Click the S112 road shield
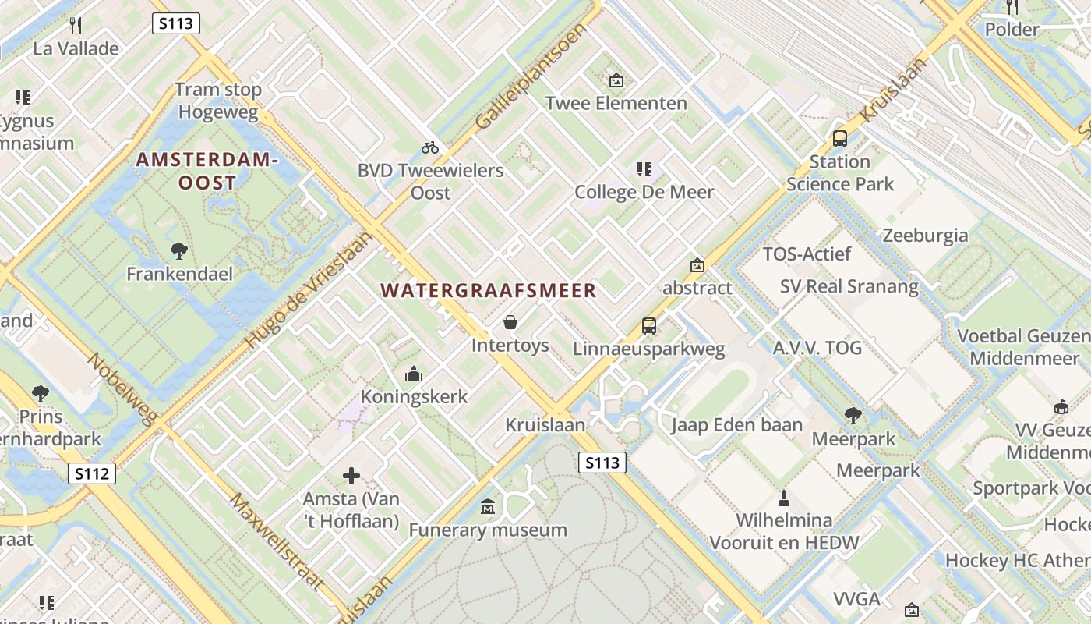coord(91,473)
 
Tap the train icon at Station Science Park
coord(839,139)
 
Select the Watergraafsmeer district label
coord(488,291)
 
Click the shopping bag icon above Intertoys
coord(510,322)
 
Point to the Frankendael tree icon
coord(179,251)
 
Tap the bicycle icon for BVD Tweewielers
coord(430,147)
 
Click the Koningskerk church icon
coord(414,374)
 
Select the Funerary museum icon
coord(488,507)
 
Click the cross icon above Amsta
coord(351,475)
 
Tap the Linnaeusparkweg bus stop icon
coord(648,326)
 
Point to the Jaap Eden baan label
coord(736,425)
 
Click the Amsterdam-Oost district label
coord(207,172)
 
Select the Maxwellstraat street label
coord(276,541)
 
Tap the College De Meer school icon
coord(644,168)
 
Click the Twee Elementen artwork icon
coord(616,80)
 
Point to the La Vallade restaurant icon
coord(76,26)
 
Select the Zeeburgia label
coord(925,236)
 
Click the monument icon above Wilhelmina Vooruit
coord(784,498)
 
